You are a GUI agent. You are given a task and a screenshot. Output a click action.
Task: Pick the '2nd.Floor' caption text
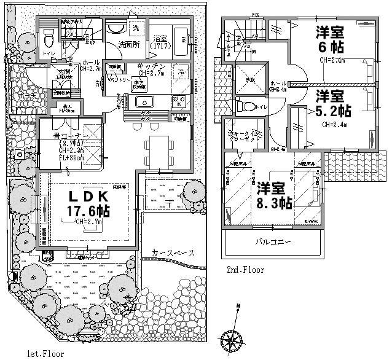pos(245,270)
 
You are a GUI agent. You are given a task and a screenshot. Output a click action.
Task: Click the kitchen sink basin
pos(147,101)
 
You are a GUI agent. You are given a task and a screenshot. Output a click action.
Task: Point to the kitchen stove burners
pos(178,101)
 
